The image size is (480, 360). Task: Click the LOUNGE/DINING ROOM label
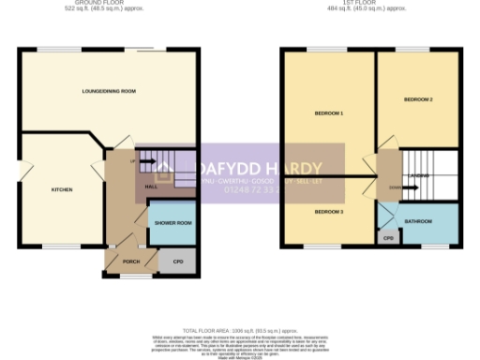[110, 91]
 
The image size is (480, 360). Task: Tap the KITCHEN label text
[62, 189]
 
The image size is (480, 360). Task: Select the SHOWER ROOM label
[173, 223]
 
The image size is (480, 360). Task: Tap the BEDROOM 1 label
[329, 113]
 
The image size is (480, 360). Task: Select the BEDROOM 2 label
[418, 98]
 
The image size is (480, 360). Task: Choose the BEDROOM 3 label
[329, 212]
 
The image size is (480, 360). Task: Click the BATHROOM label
[418, 222]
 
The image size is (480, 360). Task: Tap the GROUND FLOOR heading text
[110, 3]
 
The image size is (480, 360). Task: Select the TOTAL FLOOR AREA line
[240, 330]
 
